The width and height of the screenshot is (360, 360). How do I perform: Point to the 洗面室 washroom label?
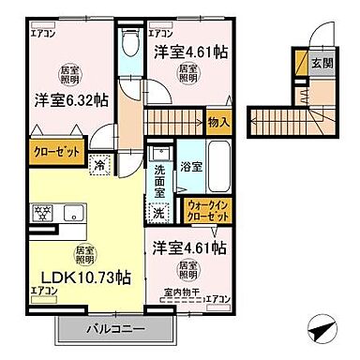pyautogui.click(x=160, y=176)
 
